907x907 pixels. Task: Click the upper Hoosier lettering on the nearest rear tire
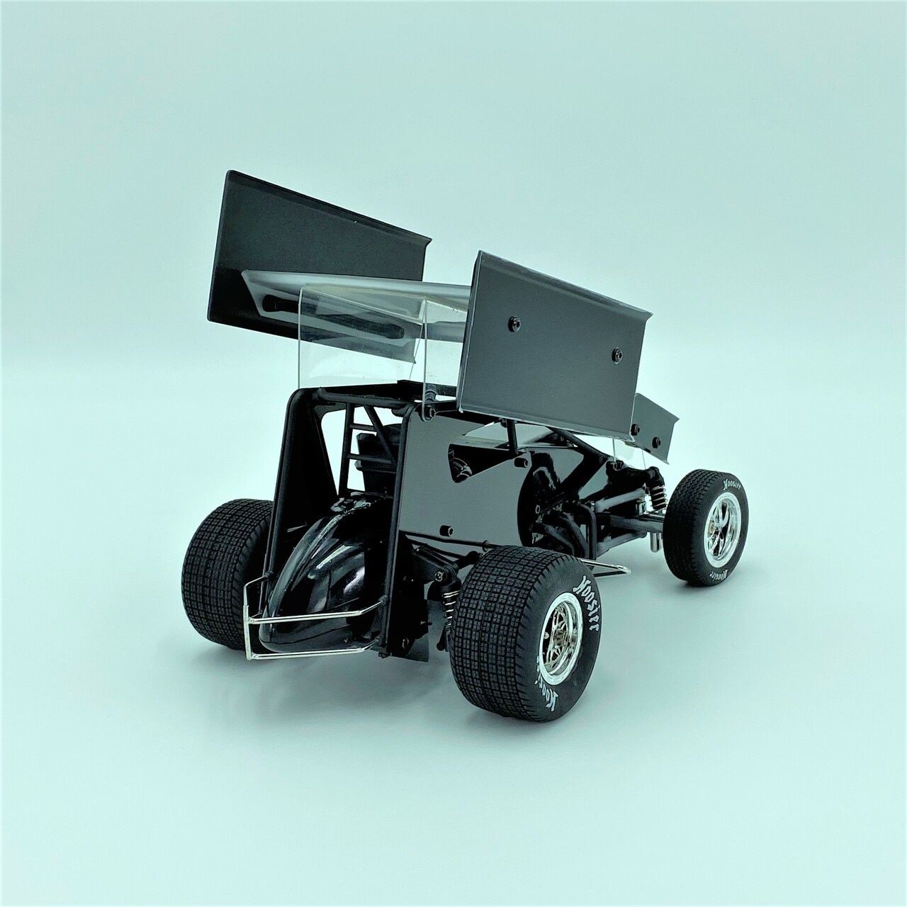[x=587, y=599]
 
